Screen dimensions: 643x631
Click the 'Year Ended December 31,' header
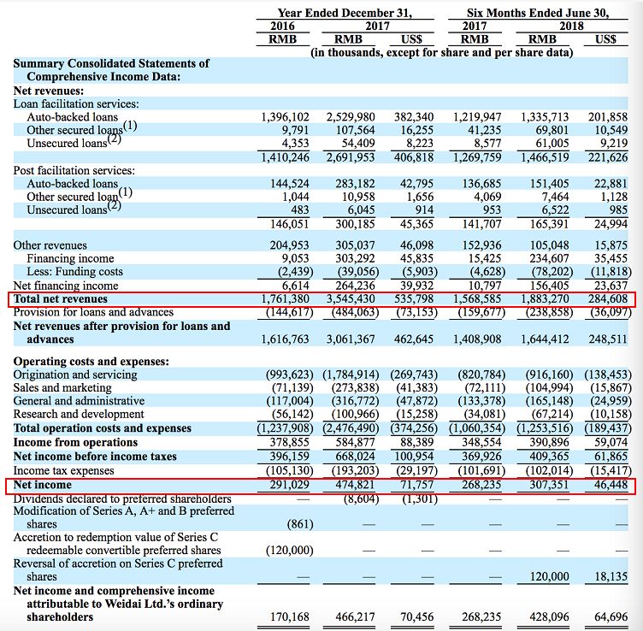coord(345,13)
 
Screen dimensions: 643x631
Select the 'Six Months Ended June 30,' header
coord(538,13)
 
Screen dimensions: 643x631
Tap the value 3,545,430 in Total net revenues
coord(351,299)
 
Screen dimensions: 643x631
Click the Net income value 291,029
coord(290,485)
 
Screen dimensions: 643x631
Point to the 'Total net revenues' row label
coord(60,299)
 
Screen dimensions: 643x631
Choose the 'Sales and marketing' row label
coord(62,388)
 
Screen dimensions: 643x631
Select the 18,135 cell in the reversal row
coord(611,576)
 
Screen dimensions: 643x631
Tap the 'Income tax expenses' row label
coord(63,471)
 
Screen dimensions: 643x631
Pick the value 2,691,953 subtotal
coord(351,157)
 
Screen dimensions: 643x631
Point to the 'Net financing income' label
coord(66,286)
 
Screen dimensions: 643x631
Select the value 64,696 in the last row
coord(611,616)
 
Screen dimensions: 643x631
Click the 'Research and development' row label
coord(79,414)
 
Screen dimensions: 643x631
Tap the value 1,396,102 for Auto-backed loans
coord(286,117)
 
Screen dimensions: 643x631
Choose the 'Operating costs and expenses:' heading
coord(91,361)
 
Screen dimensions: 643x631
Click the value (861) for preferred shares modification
coord(300,524)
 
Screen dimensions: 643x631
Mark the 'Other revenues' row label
coord(50,245)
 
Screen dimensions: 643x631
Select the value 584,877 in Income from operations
coord(355,442)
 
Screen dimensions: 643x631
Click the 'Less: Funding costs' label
coord(74,271)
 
